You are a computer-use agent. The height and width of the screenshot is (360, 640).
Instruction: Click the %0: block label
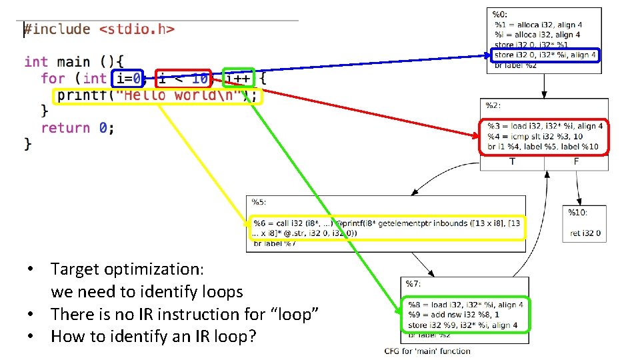click(499, 13)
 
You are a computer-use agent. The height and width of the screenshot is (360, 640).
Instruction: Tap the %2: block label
click(493, 105)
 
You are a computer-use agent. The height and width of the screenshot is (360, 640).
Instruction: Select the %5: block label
click(259, 201)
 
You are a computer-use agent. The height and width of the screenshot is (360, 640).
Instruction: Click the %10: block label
click(577, 211)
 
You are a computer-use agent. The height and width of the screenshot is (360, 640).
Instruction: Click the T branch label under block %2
click(512, 161)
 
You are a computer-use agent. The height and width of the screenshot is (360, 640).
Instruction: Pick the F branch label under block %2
click(576, 161)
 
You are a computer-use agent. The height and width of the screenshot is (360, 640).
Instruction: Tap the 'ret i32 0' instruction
click(585, 233)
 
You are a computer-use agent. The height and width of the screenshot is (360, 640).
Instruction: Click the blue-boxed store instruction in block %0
click(545, 55)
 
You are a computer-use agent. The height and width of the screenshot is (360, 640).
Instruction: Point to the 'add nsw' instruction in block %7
click(453, 315)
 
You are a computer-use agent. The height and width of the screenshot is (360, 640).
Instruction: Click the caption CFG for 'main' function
click(427, 351)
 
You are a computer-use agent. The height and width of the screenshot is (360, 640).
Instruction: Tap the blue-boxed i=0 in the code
click(128, 79)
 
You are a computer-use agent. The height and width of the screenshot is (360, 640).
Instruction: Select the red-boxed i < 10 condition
click(183, 79)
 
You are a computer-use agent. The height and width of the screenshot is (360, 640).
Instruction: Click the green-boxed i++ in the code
click(238, 79)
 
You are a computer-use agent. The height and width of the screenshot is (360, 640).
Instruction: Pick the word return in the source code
click(65, 127)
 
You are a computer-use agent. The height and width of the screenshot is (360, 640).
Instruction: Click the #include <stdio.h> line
click(99, 29)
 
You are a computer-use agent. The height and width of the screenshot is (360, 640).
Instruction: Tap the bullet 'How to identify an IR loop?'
click(153, 337)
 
